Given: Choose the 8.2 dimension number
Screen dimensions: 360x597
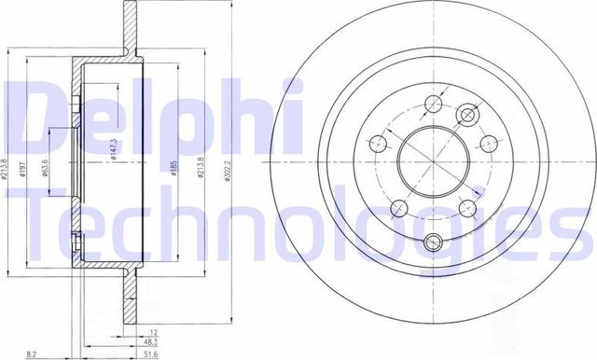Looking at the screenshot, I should click(x=32, y=353).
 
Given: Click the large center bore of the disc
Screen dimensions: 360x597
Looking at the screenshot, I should click(x=430, y=155).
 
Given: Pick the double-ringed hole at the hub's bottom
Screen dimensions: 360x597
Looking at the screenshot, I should click(x=431, y=244).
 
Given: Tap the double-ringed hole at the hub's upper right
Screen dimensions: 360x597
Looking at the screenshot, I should click(x=466, y=113).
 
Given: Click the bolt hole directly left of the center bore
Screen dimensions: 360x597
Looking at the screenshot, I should click(x=379, y=144).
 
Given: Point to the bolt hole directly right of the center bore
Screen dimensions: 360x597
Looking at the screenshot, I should click(x=488, y=143).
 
